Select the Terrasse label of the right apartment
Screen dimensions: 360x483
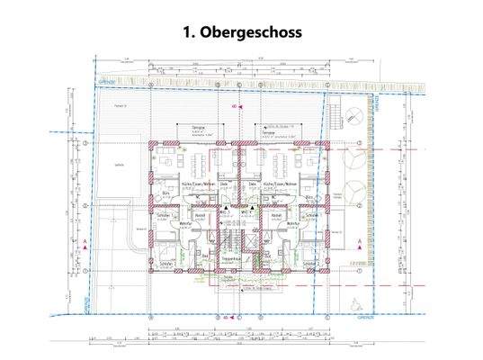[x=266, y=128]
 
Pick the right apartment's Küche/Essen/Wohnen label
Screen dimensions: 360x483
[x=276, y=184]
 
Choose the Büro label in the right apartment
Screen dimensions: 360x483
[x=309, y=195]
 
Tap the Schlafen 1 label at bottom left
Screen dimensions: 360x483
[x=164, y=263]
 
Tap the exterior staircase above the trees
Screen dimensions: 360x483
[x=338, y=115]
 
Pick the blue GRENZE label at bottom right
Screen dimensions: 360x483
[x=364, y=318]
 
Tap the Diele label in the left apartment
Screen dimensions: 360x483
[x=225, y=184]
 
